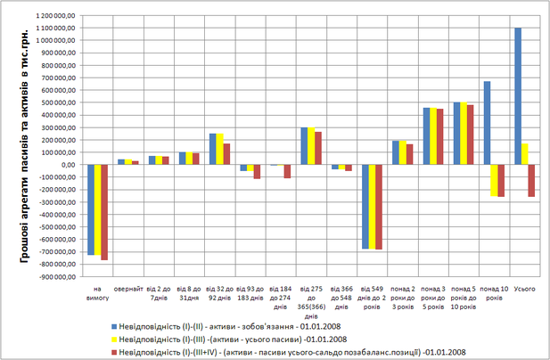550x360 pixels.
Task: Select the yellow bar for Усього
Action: pyautogui.click(x=524, y=154)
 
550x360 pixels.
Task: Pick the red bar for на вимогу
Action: pyautogui.click(x=104, y=212)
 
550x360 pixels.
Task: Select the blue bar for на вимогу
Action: pyautogui.click(x=90, y=209)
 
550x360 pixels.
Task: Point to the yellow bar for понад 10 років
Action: pyautogui.click(x=495, y=180)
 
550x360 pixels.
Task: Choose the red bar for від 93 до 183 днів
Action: pyautogui.click(x=258, y=171)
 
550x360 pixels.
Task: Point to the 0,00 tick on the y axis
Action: pyautogui.click(x=70, y=165)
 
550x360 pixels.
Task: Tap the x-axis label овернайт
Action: pyautogui.click(x=127, y=289)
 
